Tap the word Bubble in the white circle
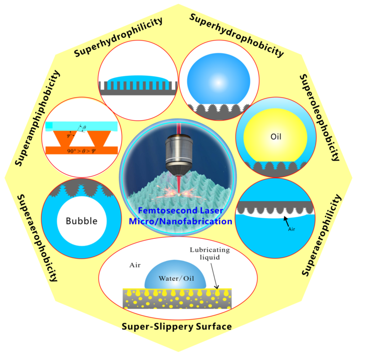(82, 220)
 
